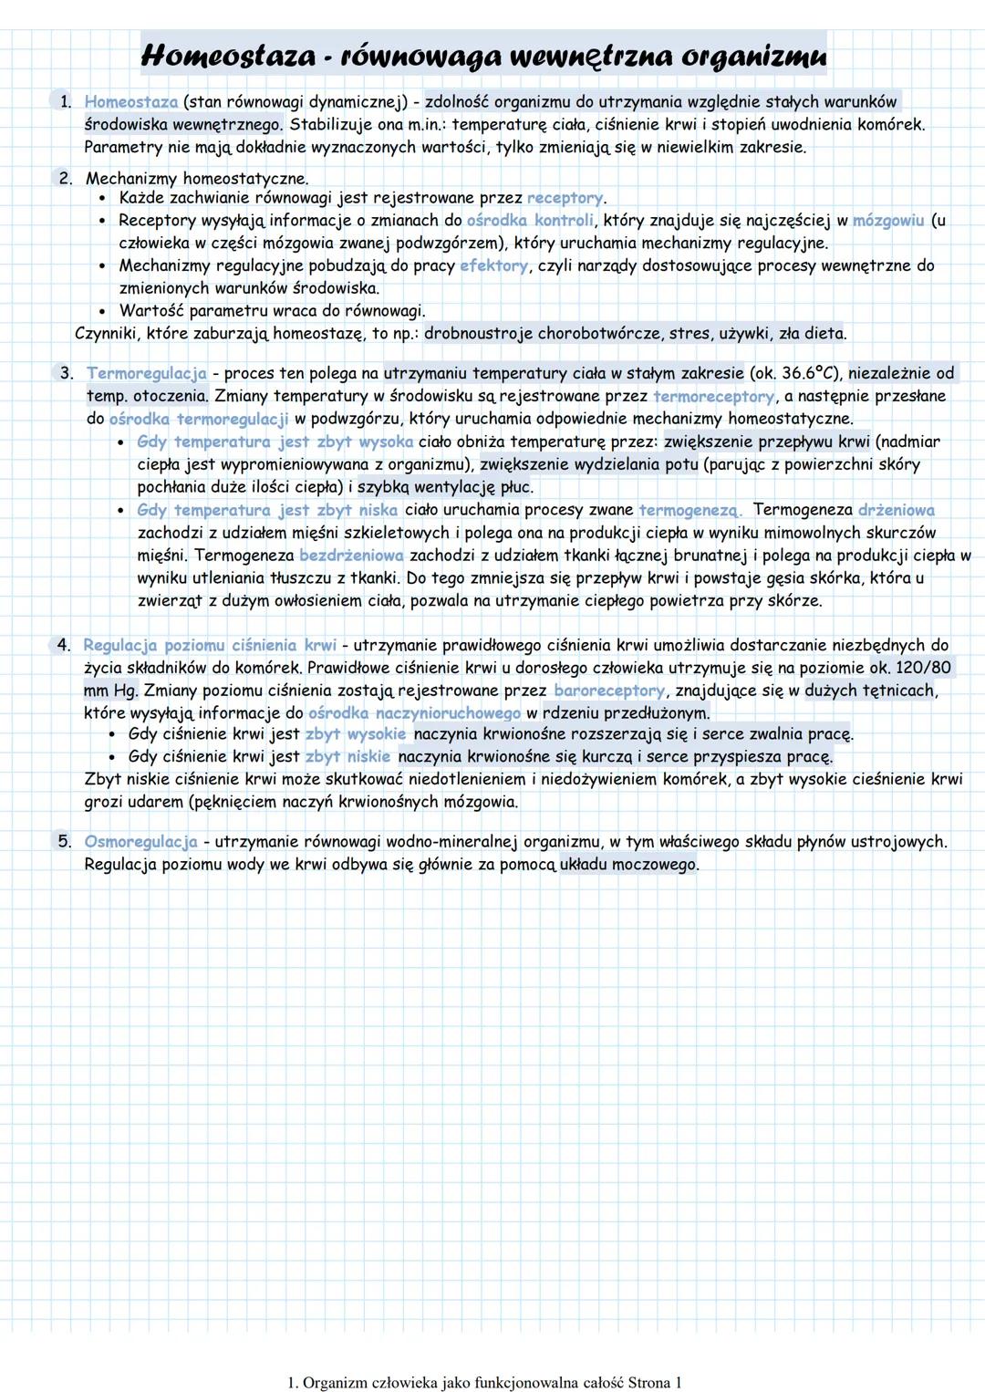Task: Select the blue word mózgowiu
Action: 889,221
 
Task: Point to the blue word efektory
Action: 493,266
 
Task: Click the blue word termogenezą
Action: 690,510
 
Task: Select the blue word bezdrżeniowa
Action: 351,555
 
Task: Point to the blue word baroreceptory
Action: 608,691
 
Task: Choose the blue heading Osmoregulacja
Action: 141,841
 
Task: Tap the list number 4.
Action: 64,645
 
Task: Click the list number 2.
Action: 66,179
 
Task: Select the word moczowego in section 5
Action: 658,864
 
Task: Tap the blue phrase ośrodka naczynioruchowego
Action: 414,713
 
